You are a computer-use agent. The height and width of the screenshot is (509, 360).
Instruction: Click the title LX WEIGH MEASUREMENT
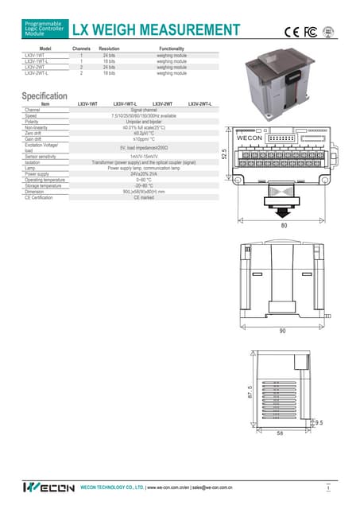coord(156,30)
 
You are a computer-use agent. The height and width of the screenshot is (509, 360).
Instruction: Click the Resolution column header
coord(109,49)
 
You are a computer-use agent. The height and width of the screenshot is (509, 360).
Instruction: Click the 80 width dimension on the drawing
coord(284,225)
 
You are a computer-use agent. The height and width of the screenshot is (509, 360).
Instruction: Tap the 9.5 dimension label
coord(319,423)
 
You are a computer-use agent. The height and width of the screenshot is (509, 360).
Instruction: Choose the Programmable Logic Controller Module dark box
coord(44,30)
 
